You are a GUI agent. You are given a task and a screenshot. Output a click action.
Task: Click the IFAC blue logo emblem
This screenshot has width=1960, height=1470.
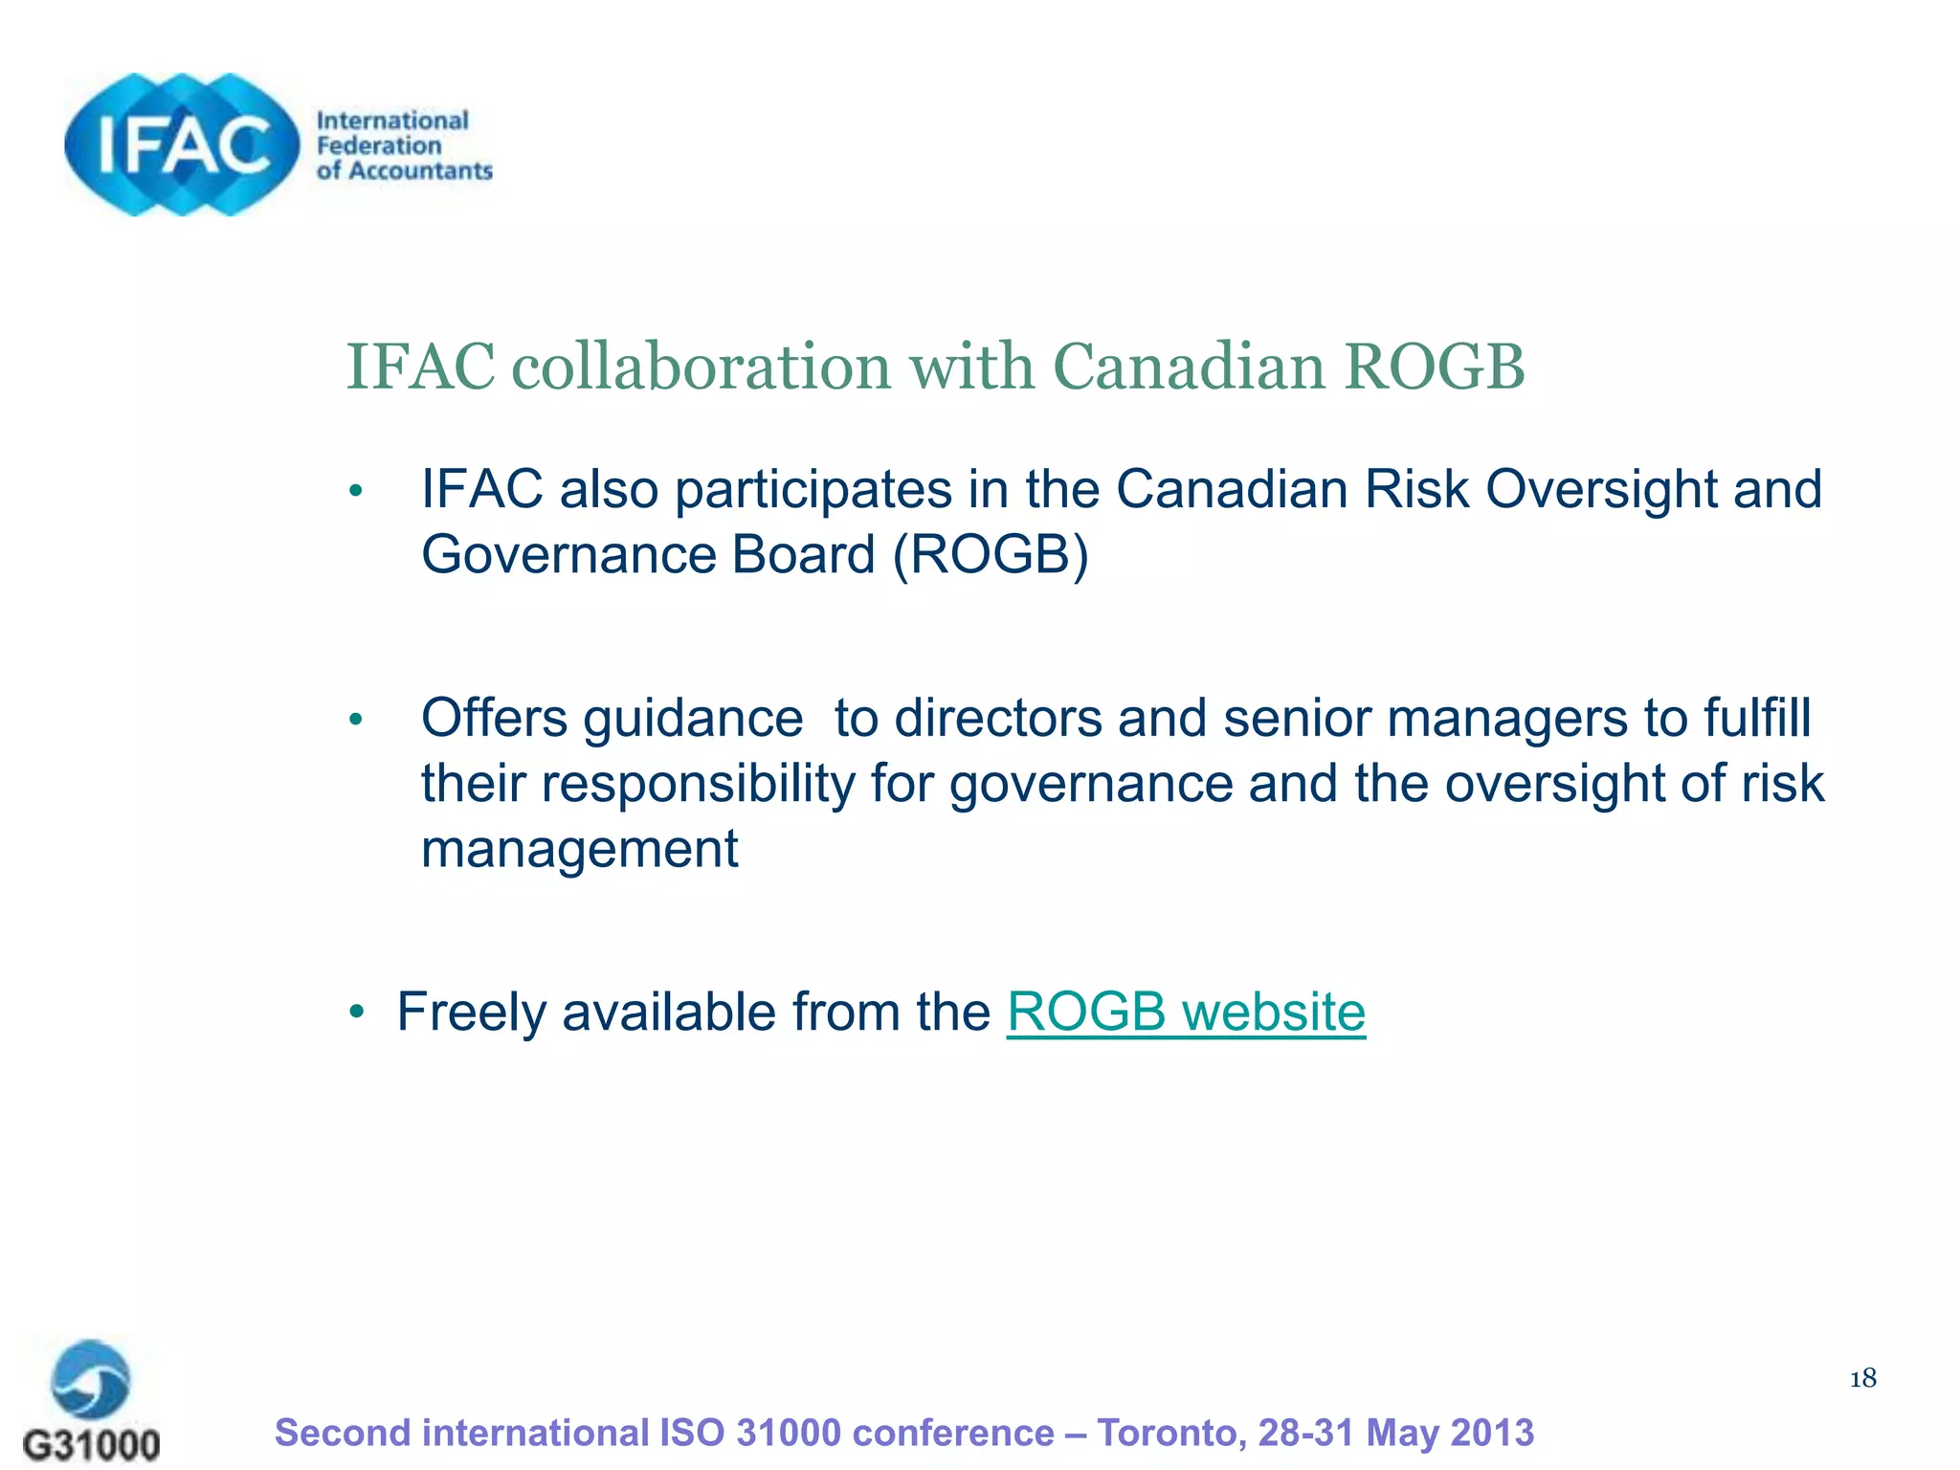[182, 145]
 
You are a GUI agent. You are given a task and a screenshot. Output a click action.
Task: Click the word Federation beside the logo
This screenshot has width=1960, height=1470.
[379, 145]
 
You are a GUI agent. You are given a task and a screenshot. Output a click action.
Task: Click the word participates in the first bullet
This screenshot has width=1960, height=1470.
[813, 490]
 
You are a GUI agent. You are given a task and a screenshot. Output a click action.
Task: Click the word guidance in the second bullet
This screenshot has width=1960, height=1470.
[693, 720]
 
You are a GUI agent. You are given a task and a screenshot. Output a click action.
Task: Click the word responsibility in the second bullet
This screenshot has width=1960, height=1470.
[699, 785]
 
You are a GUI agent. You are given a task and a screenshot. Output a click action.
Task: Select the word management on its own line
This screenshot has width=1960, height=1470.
[580, 850]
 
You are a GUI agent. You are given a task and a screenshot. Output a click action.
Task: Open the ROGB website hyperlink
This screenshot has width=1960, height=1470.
[1186, 1013]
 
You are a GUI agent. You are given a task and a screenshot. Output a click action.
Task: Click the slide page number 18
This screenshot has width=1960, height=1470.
[1862, 1379]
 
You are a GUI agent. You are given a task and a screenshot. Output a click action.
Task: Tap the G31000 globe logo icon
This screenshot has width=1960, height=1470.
[91, 1380]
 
